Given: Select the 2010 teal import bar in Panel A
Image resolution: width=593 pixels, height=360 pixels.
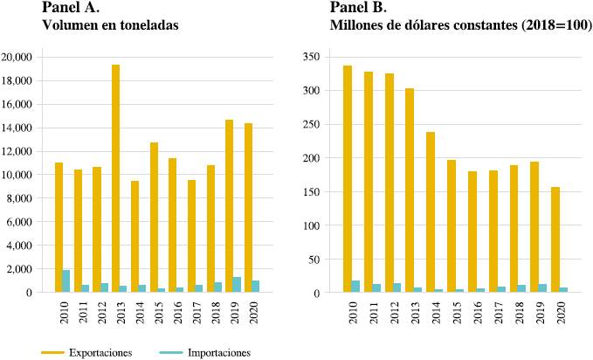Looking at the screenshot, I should coord(66,281).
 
